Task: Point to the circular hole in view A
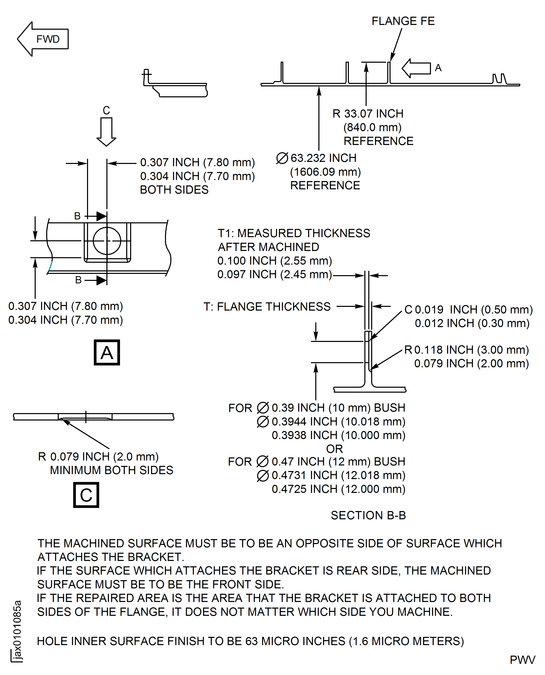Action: click(x=107, y=241)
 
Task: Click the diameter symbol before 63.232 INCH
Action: click(x=282, y=158)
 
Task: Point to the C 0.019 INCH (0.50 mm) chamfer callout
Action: click(x=468, y=310)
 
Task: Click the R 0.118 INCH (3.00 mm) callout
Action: click(x=466, y=350)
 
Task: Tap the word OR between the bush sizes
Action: click(x=334, y=449)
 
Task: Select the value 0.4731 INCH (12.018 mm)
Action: click(x=338, y=475)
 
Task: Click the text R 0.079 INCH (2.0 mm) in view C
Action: click(x=98, y=456)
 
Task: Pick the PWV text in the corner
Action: click(x=522, y=660)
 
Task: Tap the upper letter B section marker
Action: click(x=77, y=216)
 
